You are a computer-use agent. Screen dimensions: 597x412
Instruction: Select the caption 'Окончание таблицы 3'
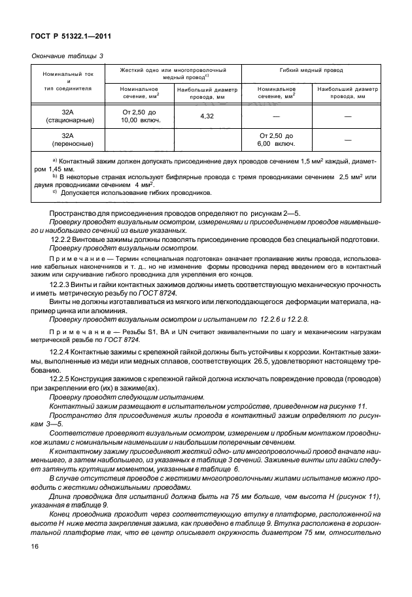click(67, 56)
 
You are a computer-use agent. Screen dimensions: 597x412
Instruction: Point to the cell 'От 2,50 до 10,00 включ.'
click(139, 116)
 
